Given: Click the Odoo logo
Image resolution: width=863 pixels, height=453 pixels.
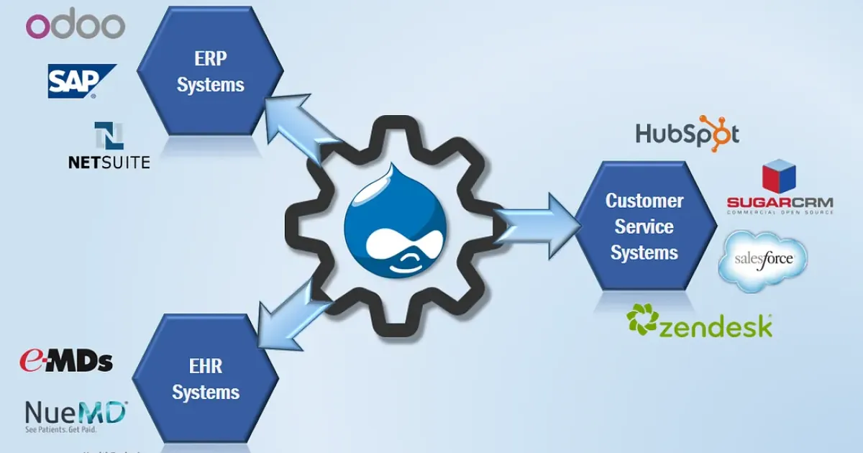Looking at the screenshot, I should coord(76,26).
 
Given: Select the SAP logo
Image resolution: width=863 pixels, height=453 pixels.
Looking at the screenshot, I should coord(81,81).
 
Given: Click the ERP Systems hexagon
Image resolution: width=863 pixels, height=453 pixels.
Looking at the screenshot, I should coord(210,72).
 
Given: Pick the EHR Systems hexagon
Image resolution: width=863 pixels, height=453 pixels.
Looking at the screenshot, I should coord(206,380).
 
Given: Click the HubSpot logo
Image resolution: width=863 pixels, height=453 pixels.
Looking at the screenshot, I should coord(687,134).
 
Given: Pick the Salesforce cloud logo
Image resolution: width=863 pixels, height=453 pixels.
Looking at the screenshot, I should coord(763,260).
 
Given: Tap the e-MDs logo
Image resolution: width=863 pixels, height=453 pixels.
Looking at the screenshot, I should coord(65,360).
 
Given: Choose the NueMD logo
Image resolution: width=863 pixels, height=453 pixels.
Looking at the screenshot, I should coord(76,416).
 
